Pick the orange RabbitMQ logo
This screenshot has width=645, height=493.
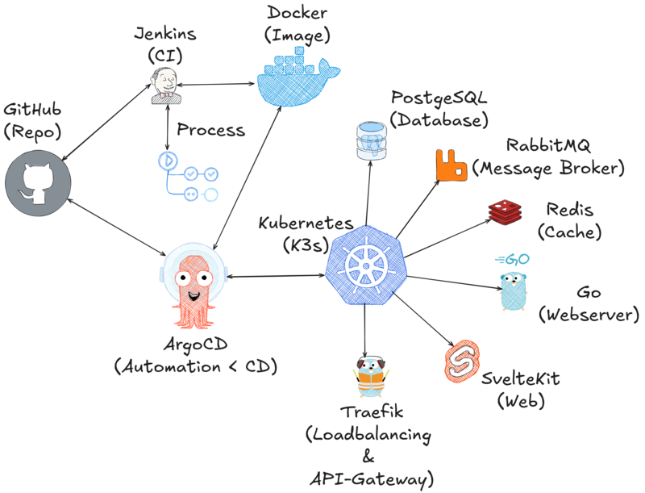pos(451,165)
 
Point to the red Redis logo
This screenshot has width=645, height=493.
pos(506,211)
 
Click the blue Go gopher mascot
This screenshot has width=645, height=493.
pos(513,285)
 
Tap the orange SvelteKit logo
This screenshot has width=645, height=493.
pos(461,361)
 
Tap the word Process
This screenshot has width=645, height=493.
pos(211,129)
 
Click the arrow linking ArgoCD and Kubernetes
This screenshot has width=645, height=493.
pos(278,277)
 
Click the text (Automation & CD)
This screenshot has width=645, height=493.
pos(196,367)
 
